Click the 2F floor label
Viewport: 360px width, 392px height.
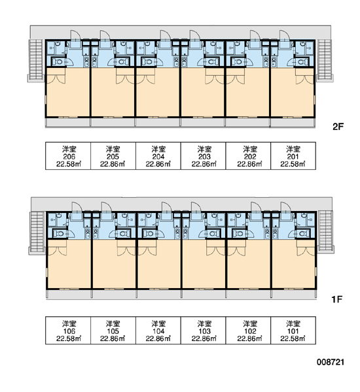coord(338,127)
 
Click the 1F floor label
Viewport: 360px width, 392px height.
coord(337,299)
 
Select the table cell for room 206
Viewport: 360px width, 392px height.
coord(68,155)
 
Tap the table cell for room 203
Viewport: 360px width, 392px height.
coord(203,155)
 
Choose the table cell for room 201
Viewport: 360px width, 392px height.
coord(293,155)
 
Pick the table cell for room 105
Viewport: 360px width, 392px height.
coord(113,331)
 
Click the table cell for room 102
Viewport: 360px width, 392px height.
coord(248,331)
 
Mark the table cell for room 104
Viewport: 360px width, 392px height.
coord(158,331)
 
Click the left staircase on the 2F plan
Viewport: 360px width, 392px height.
coord(36,60)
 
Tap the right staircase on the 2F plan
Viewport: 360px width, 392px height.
coord(325,60)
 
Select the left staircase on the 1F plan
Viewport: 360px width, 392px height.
coord(37,233)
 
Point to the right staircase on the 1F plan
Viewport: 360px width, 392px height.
coord(326,232)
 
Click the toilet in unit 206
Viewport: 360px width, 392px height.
coord(58,61)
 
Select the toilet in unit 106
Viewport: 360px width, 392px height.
coord(60,234)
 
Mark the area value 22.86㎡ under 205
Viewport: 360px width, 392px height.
coord(113,164)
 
